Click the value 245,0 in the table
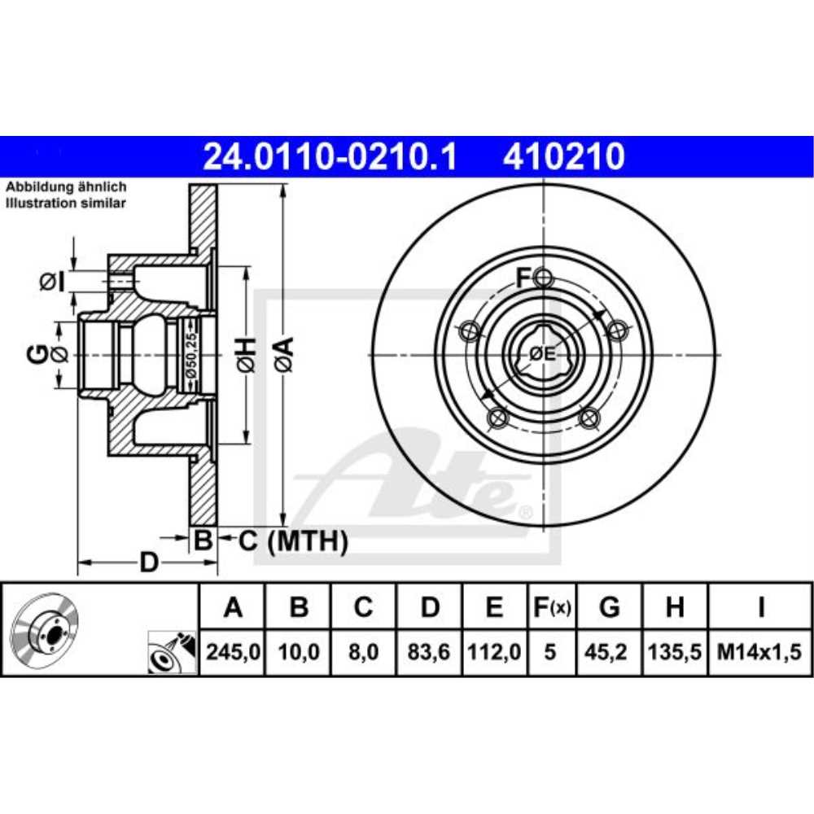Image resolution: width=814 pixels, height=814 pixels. coord(233,651)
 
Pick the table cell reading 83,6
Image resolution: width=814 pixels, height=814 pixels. coord(430,651)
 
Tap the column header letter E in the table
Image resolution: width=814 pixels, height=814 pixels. coord(493,607)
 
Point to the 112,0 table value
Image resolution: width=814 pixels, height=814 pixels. coord(493,651)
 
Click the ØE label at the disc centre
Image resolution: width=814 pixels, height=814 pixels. coord(542,354)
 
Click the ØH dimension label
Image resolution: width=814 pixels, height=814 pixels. coord(247,356)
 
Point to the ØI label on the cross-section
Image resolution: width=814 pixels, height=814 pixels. coord(51,282)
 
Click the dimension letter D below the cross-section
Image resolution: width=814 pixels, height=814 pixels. coord(148,562)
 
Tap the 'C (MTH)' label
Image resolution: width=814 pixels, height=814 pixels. coord(293,540)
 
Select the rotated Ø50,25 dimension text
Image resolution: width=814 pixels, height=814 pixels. coord(189,356)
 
